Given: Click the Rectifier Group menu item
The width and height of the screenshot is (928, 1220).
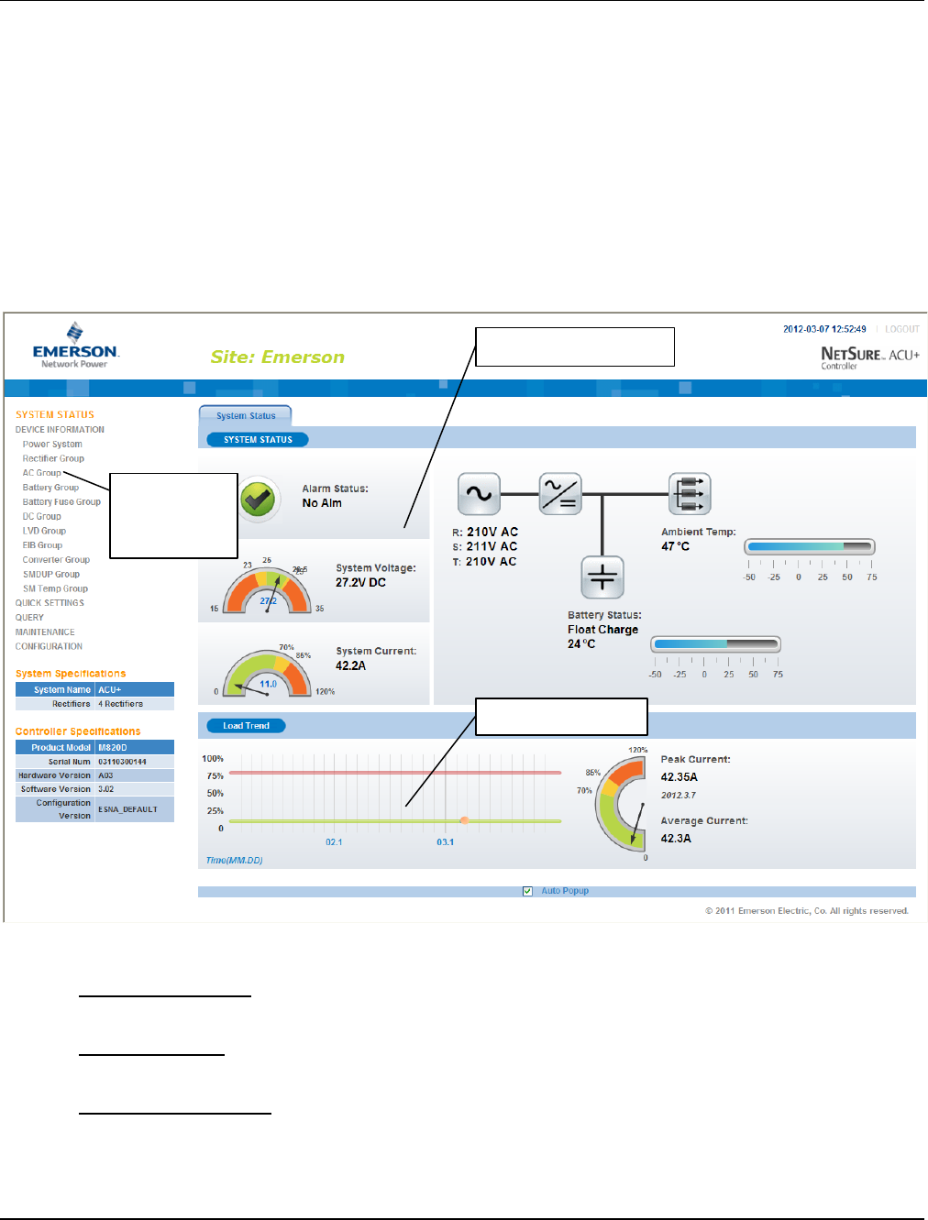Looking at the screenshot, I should pyautogui.click(x=53, y=458).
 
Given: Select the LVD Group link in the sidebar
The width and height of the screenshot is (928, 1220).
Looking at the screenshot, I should pyautogui.click(x=44, y=531).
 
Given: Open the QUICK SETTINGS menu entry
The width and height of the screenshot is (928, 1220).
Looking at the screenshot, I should pyautogui.click(x=50, y=603).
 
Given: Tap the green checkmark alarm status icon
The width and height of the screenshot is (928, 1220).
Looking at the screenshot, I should pyautogui.click(x=259, y=500).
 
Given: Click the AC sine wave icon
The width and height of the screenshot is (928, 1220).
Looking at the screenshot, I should pyautogui.click(x=479, y=494).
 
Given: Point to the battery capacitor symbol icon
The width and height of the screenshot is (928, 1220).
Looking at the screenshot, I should pyautogui.click(x=602, y=577).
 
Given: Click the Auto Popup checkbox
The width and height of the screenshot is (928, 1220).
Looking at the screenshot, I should pyautogui.click(x=527, y=891).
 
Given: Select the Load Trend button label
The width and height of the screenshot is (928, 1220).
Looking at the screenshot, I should pyautogui.click(x=246, y=726).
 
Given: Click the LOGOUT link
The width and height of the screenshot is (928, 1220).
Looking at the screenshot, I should pyautogui.click(x=901, y=329).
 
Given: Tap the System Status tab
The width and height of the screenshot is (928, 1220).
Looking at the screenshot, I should pyautogui.click(x=246, y=416).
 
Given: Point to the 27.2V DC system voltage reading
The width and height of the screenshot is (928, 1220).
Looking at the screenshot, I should pyautogui.click(x=360, y=583).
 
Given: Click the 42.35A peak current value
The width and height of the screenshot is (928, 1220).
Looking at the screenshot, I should pyautogui.click(x=679, y=777).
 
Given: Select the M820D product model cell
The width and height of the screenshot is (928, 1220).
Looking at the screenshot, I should pyautogui.click(x=113, y=748).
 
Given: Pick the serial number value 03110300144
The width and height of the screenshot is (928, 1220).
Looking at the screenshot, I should pyautogui.click(x=122, y=762).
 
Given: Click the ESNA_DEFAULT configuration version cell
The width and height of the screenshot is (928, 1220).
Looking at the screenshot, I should pyautogui.click(x=127, y=809).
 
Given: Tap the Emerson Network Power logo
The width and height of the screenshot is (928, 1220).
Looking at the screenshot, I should pyautogui.click(x=75, y=346).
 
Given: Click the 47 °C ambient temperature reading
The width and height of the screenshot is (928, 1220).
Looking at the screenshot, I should pyautogui.click(x=675, y=546).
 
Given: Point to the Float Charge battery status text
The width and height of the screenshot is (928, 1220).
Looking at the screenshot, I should pyautogui.click(x=602, y=630).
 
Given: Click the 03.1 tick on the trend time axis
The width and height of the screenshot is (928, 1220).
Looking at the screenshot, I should pyautogui.click(x=445, y=841).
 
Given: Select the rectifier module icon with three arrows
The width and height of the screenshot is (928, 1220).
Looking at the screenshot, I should pyautogui.click(x=690, y=494).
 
